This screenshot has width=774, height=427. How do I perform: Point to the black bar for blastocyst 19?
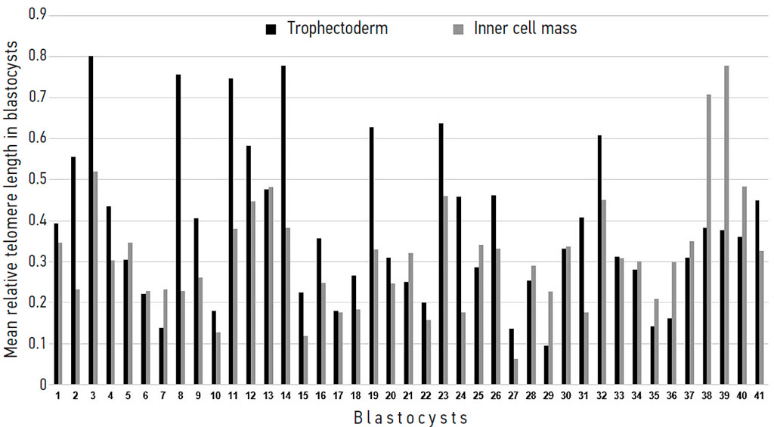coord(371,256)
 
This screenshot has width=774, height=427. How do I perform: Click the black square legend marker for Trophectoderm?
coord(270,29)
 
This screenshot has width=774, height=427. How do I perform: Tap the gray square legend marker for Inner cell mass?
coord(458,29)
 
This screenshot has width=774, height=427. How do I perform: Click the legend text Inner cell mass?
coord(525,29)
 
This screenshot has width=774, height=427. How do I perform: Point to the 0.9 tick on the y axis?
coord(38,15)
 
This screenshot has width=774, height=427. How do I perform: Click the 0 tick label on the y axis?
coord(44,385)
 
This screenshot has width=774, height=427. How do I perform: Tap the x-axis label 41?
coord(757,396)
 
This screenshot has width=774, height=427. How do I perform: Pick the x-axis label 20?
coord(390,396)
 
